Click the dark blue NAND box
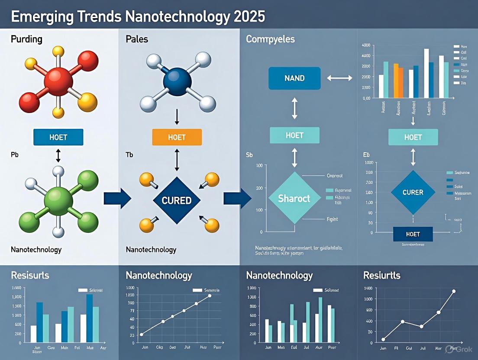coord(294,78)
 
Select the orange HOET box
coord(177,137)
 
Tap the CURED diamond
coord(177,200)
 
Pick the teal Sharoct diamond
coord(294,198)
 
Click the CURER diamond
coord(413,192)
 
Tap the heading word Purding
coord(26,39)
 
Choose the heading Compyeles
coord(270,39)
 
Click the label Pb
coord(15,154)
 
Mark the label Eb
coord(367,154)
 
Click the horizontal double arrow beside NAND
coord(340,78)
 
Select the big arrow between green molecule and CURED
coord(117,199)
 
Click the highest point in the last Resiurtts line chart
coord(454,291)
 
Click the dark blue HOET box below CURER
coord(413,234)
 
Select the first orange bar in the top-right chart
coord(396,80)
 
